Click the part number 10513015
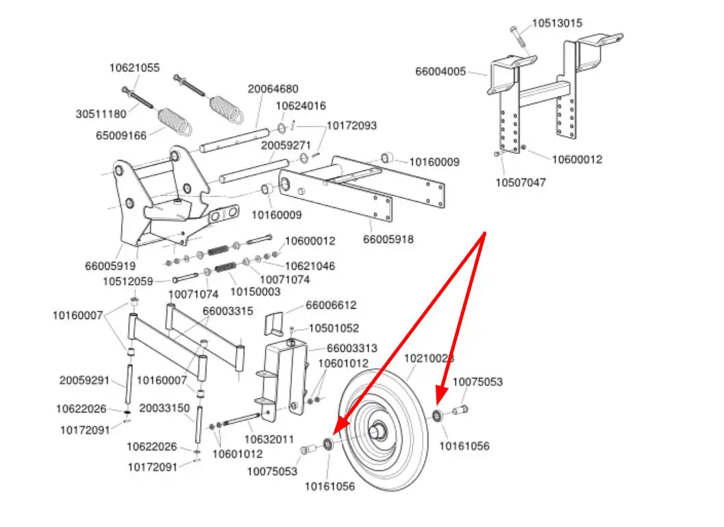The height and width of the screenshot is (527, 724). (x=557, y=23)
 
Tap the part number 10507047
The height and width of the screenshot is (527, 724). (x=521, y=183)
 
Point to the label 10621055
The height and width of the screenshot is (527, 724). (x=134, y=68)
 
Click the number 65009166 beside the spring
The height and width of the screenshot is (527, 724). (x=121, y=135)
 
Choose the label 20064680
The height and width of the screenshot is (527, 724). (x=273, y=89)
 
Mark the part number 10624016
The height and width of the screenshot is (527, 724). (x=301, y=106)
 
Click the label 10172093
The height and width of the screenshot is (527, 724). (x=351, y=126)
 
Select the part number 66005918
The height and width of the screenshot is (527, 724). (x=388, y=240)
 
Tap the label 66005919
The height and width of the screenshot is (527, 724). (x=110, y=266)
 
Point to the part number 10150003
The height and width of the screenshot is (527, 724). (x=255, y=292)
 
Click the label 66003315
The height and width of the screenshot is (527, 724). (x=227, y=311)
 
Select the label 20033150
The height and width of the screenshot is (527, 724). (x=164, y=408)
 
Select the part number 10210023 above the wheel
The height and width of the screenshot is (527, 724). (x=429, y=358)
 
